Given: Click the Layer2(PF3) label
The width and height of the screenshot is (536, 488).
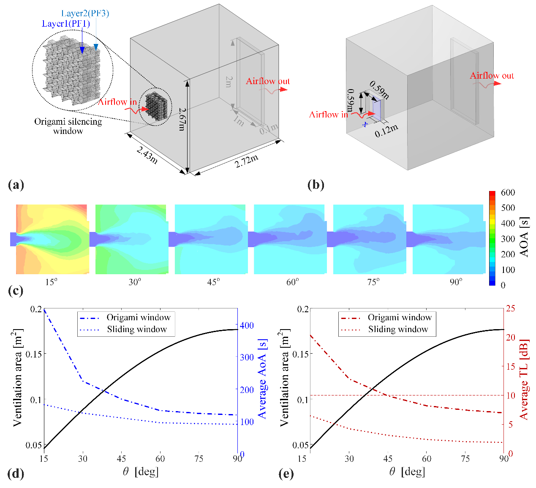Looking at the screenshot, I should (85, 14).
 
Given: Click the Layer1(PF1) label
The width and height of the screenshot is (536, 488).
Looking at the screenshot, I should (66, 24).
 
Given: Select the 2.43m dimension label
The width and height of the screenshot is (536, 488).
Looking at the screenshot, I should (147, 155).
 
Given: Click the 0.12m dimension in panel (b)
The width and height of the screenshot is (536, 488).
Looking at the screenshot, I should (386, 131).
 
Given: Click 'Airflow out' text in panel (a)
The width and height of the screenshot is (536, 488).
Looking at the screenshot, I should (268, 81).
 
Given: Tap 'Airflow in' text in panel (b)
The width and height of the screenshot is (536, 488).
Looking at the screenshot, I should (329, 115).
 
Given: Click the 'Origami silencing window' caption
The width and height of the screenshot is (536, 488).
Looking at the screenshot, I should (68, 126).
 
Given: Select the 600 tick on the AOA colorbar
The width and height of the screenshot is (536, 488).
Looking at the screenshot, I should (508, 193).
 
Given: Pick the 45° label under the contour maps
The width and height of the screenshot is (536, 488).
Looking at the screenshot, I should (214, 282).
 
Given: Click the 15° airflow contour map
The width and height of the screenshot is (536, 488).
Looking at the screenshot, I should (52, 239).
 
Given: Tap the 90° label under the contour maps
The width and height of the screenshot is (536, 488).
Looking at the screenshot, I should (456, 282).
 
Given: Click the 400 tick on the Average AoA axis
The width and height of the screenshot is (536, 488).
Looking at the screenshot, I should (247, 325).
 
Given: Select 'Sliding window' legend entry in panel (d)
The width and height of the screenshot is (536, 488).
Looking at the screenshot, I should (137, 329).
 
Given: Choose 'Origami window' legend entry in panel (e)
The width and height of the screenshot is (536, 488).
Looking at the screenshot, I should (400, 317).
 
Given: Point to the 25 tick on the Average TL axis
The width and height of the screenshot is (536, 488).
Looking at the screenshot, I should (510, 308).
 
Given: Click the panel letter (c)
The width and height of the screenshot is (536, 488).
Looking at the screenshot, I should (15, 291).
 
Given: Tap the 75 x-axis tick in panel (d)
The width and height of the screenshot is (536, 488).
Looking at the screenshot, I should (199, 459).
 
